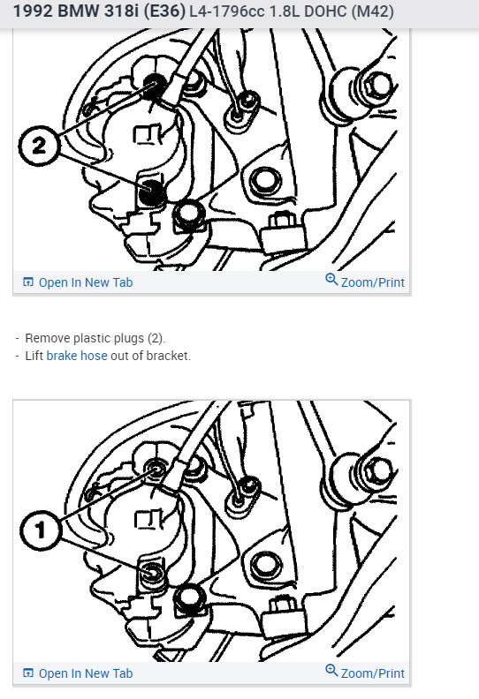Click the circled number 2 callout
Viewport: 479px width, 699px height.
[x=38, y=147]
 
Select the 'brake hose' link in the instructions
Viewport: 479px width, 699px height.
[x=77, y=356]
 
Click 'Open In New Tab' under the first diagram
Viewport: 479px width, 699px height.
[x=85, y=282]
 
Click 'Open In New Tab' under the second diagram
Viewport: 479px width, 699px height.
[x=85, y=673]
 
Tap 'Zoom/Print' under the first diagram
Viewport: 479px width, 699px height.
[x=372, y=282]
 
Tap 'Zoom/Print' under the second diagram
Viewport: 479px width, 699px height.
[x=372, y=673]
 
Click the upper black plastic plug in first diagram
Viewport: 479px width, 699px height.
[x=156, y=84]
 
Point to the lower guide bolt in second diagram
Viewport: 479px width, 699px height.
[x=154, y=575]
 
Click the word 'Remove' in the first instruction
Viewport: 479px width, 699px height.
[x=47, y=338]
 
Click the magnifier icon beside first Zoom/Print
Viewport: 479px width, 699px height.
[x=331, y=281]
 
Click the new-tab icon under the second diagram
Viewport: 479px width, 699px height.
[x=28, y=673]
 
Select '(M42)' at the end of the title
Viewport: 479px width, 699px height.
[x=372, y=12]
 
